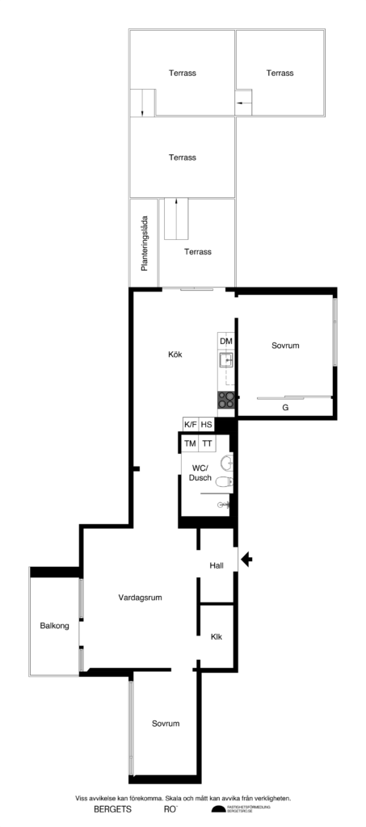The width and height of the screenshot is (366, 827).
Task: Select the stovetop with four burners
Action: point(226,399)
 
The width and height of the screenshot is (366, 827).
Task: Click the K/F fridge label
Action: point(191,425)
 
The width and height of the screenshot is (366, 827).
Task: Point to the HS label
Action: point(207,425)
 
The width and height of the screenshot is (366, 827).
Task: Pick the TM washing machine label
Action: point(191,443)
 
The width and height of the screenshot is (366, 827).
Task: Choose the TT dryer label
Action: point(208,443)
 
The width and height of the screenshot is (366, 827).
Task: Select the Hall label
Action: point(217,565)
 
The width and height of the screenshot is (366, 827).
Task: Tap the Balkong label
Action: point(54,626)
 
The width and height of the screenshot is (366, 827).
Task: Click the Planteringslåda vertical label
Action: point(144,242)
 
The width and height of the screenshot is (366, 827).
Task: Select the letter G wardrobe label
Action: point(285,408)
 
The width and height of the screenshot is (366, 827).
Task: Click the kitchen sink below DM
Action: point(226,360)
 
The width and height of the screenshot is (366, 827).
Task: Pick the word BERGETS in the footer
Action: point(112,809)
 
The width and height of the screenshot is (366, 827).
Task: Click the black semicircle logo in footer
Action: point(217,809)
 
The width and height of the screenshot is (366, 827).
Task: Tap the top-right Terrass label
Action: point(280,73)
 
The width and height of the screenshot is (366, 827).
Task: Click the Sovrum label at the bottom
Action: point(165,724)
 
